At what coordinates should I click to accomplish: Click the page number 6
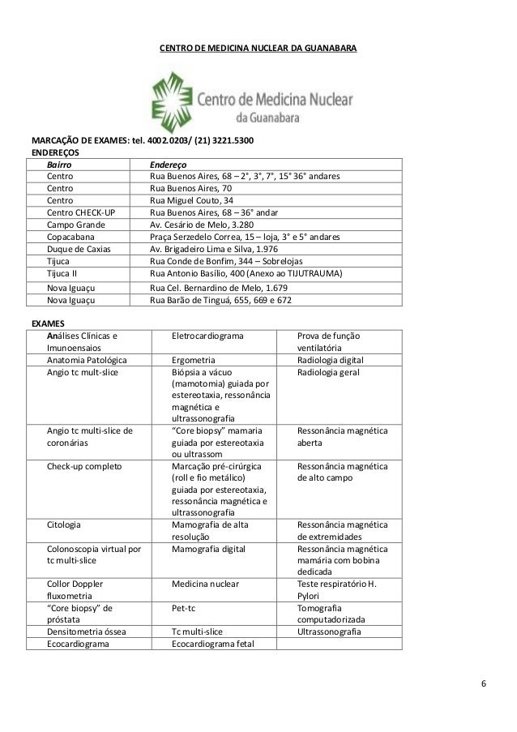(x=484, y=681)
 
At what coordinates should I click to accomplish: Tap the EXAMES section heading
(x=48, y=323)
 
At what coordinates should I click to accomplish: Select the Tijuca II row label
(x=62, y=274)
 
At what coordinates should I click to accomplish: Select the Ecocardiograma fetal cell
(x=213, y=644)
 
